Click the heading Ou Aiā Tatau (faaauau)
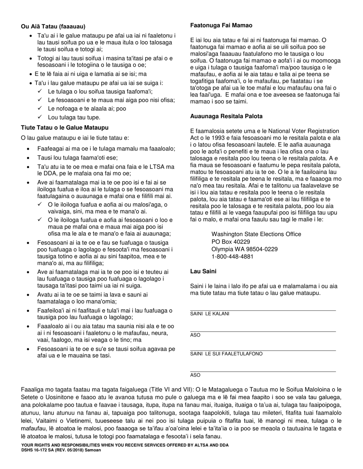tap(53, 26)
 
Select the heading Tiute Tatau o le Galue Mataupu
tap(65, 127)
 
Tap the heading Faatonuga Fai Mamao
tap(221, 26)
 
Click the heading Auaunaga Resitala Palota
tap(226, 116)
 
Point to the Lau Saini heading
tap(203, 271)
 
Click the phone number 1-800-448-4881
tap(232, 257)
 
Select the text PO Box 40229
tap(231, 242)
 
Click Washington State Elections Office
tap(256, 234)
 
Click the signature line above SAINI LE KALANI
tap(263, 310)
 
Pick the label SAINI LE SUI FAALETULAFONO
tap(226, 354)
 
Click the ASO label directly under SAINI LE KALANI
tap(195, 335)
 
